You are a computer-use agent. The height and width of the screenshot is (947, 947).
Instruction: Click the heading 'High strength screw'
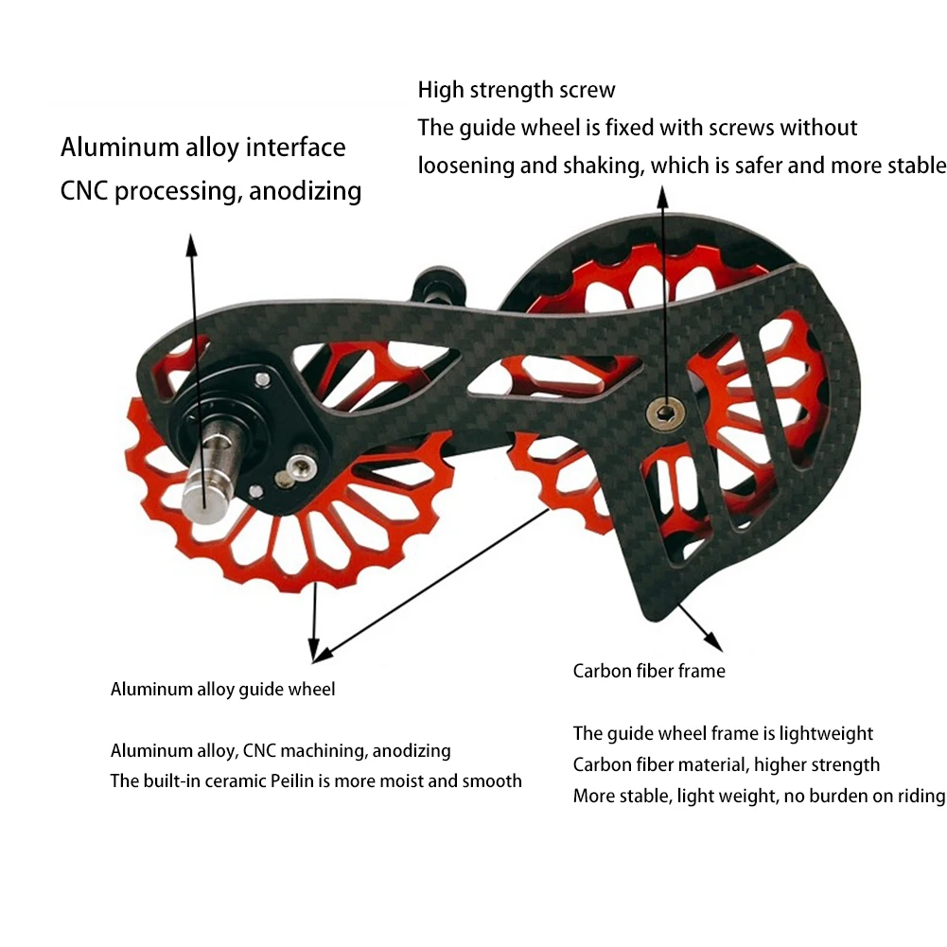(517, 91)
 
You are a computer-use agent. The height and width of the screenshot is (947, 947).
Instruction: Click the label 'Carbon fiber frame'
(649, 672)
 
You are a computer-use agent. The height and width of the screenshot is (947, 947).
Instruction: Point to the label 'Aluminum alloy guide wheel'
(222, 690)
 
